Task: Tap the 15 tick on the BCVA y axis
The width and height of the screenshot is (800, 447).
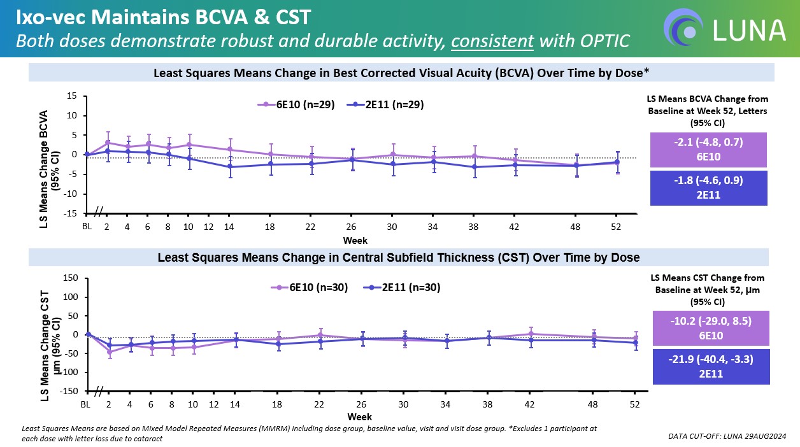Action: point(73,96)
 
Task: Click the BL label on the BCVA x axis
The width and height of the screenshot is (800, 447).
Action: point(87,226)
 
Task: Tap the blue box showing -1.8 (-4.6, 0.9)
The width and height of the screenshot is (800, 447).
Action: point(708,187)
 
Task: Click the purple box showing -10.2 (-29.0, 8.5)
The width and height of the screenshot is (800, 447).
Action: point(708,328)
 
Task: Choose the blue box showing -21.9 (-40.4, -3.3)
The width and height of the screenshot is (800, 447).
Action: point(708,365)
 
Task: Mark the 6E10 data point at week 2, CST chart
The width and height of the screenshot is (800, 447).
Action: point(109,351)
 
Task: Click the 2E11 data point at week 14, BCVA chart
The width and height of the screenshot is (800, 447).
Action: point(230,167)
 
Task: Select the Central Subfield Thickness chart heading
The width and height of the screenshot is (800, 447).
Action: point(398,258)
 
